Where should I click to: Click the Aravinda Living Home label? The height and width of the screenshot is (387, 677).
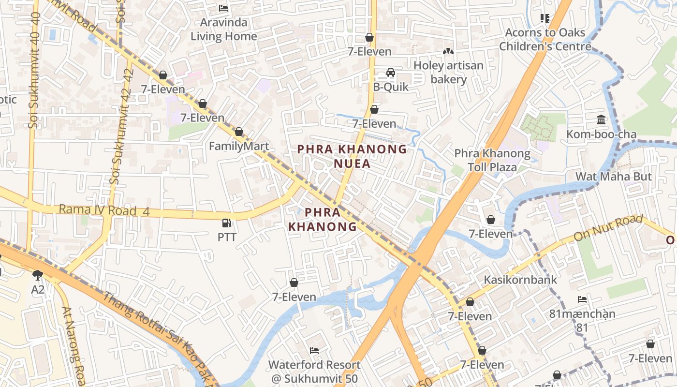coord(223,29)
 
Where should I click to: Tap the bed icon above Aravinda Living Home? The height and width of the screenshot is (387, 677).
coord(223,8)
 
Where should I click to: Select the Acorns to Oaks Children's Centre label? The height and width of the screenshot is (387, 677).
coord(545,40)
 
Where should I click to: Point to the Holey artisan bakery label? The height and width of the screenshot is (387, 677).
coord(448,72)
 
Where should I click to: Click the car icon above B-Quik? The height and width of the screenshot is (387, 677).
coord(390,73)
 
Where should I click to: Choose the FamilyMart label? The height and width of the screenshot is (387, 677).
coord(238,146)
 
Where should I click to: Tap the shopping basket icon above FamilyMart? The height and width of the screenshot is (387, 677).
coord(238,132)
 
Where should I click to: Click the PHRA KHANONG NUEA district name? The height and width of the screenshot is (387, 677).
coord(352,156)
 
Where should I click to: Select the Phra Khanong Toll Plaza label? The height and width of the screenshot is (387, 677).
coord(492,160)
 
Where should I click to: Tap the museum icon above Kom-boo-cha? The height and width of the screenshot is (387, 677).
coord(601,119)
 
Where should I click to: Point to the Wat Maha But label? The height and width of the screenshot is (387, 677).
coord(613,177)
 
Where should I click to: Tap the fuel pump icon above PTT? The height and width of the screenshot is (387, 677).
coord(226,223)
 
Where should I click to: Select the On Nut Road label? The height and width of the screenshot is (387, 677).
coord(608,228)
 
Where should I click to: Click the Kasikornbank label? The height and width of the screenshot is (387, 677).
coord(520,280)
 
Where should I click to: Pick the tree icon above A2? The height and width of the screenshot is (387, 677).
coord(38,275)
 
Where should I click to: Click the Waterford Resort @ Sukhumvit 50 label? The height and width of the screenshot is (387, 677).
coord(314,372)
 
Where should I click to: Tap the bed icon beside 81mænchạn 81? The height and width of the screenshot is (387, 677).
coord(582,299)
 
